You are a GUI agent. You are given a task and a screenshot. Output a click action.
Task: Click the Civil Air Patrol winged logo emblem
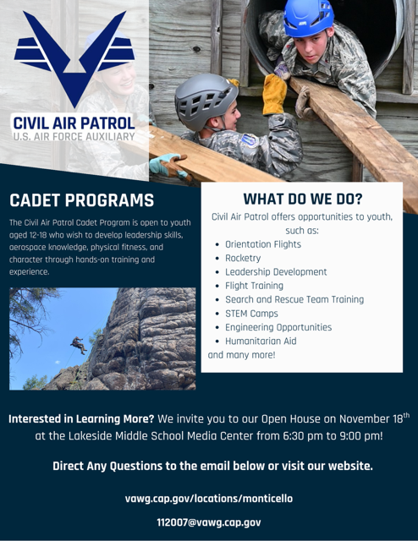tap(74, 52)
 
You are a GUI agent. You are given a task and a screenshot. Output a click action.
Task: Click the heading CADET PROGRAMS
tap(82, 201)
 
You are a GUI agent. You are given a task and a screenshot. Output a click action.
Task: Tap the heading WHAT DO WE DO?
tap(302, 199)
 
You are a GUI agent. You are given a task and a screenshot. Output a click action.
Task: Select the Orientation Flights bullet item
tap(262, 244)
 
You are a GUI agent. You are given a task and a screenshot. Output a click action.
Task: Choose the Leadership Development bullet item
tap(275, 272)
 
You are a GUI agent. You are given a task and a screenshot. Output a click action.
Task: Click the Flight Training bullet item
tap(254, 286)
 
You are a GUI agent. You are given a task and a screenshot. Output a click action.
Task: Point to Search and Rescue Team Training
tap(294, 299)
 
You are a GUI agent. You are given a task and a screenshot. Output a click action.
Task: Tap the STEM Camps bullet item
tap(251, 314)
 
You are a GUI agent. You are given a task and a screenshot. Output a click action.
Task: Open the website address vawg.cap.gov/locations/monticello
tap(209, 499)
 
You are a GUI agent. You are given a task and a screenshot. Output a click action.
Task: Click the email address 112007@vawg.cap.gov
tap(209, 522)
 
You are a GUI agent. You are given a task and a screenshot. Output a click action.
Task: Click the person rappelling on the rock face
tap(79, 344)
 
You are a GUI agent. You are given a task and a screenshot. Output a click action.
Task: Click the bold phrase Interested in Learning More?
tap(82, 419)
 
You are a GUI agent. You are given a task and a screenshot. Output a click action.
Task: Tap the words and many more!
tap(241, 355)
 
